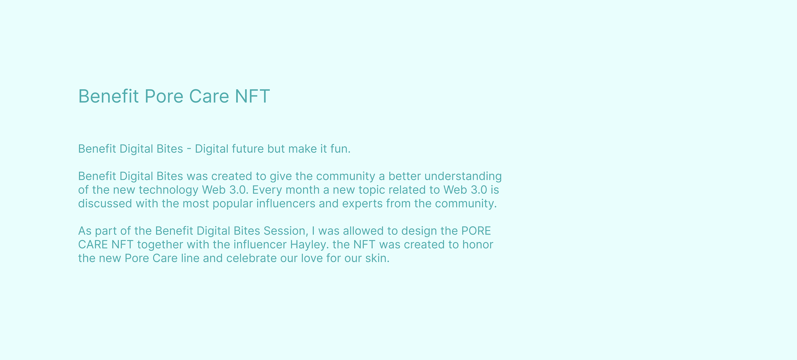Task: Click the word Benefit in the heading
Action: pyautogui.click(x=109, y=96)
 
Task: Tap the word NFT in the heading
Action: pyautogui.click(x=252, y=96)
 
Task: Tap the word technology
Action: pyautogui.click(x=168, y=190)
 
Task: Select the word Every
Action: pyautogui.click(x=267, y=190)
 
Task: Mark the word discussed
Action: pyautogui.click(x=105, y=204)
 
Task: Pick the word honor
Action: pyautogui.click(x=478, y=245)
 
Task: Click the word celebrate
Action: pyautogui.click(x=251, y=258)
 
